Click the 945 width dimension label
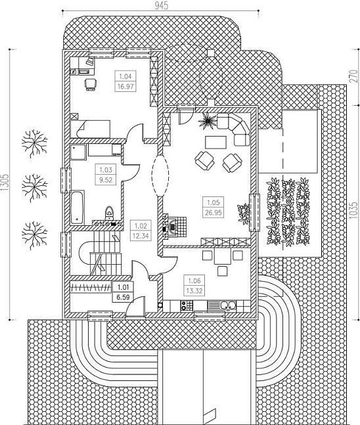[x=162, y=5]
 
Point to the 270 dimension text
[x=353, y=77]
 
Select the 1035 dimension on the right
[x=353, y=210]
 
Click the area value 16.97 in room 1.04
[x=125, y=87]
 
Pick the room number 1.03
[x=106, y=170]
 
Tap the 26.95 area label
[x=214, y=213]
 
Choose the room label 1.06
[x=194, y=280]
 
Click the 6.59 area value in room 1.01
[x=123, y=298]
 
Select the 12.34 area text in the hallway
[x=141, y=236]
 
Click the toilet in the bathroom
[x=109, y=213]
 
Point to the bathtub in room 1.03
[x=78, y=208]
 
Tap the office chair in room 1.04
[x=91, y=84]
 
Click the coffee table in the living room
[x=215, y=143]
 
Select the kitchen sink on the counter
[x=227, y=305]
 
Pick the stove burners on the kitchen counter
[x=187, y=305]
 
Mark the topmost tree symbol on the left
[x=34, y=143]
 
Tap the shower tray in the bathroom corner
[x=78, y=152]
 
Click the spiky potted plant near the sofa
[x=208, y=120]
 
